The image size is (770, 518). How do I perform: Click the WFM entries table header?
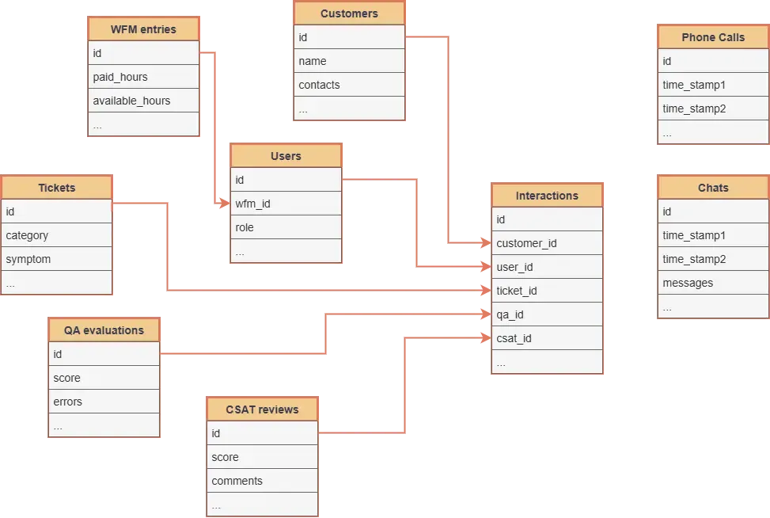click(143, 29)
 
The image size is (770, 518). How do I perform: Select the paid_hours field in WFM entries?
click(143, 77)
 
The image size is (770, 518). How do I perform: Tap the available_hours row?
click(143, 101)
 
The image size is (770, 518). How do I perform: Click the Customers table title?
click(349, 13)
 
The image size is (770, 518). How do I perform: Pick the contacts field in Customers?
click(349, 85)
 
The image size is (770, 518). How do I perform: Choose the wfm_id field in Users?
click(286, 204)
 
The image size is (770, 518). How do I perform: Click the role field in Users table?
click(286, 227)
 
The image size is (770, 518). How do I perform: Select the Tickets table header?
click(57, 188)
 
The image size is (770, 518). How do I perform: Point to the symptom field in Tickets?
click(57, 259)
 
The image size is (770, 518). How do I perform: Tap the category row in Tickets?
click(57, 235)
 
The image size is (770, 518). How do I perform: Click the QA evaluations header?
click(104, 330)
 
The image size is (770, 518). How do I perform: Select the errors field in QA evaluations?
click(104, 402)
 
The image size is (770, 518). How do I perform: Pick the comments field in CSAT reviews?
click(262, 481)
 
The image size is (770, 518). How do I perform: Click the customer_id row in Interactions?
click(547, 243)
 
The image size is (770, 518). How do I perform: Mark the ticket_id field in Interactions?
click(547, 291)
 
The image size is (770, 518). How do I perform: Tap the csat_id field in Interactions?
click(547, 338)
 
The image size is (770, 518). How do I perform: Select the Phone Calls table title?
click(713, 37)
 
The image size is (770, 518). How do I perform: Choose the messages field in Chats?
click(713, 283)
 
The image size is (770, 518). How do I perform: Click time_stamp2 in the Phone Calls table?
click(713, 109)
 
